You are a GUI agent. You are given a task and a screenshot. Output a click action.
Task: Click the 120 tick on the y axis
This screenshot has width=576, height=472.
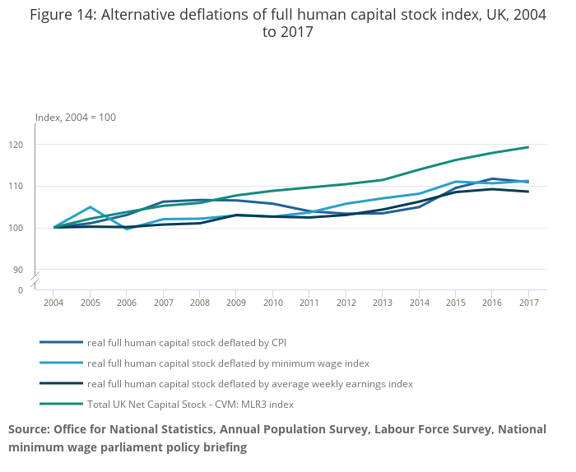(x=40, y=145)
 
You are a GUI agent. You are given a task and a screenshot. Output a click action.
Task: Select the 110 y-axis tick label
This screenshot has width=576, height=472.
(x=40, y=186)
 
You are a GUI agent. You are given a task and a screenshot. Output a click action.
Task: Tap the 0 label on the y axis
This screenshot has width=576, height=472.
(x=44, y=289)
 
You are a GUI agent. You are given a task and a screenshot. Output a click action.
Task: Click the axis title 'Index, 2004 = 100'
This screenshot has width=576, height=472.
(x=76, y=118)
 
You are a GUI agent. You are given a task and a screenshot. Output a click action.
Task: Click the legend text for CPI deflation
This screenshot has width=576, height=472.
(x=187, y=341)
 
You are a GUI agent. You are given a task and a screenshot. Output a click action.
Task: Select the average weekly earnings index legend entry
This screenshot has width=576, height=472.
(x=249, y=383)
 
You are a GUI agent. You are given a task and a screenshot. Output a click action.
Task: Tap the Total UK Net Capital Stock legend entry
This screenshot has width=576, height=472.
(x=190, y=404)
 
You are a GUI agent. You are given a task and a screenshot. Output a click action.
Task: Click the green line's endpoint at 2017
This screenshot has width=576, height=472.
(x=527, y=147)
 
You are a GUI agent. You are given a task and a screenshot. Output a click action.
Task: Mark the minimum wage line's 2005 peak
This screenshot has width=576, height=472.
(x=91, y=207)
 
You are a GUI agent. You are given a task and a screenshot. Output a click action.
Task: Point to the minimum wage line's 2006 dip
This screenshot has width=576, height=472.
(x=127, y=229)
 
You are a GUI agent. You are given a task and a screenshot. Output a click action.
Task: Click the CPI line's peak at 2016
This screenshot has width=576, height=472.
(x=491, y=178)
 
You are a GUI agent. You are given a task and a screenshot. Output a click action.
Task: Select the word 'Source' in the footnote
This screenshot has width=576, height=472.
(x=28, y=429)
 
